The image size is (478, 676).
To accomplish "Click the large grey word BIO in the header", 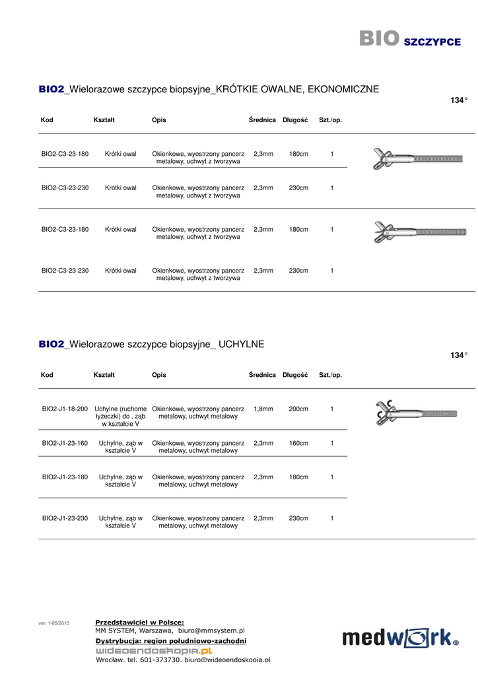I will point(379,39).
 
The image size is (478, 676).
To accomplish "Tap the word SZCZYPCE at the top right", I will point(432,42).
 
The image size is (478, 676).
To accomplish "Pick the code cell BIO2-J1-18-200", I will point(65,409).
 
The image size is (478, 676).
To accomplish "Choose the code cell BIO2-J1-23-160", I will point(65,443).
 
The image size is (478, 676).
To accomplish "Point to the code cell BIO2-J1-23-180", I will point(65,477).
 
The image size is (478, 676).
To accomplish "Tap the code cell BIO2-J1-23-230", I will point(65,518).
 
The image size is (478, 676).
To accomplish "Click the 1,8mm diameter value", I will point(263,409).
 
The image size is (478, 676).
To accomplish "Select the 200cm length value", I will point(298,409).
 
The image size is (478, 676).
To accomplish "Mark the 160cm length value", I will point(298,443).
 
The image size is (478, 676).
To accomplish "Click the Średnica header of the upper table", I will point(262,120).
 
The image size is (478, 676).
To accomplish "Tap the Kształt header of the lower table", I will point(104,375).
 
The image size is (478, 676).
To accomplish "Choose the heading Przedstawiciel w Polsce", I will point(139,622).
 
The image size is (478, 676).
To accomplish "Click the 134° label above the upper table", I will point(459,100).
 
